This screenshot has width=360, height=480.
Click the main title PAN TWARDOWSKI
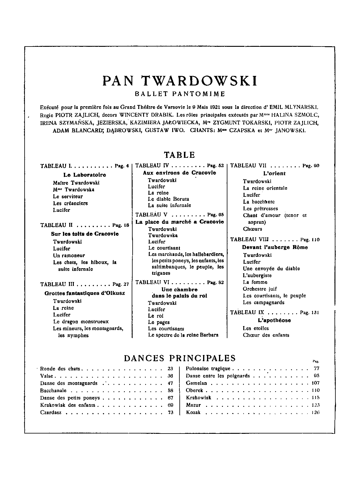[180, 81]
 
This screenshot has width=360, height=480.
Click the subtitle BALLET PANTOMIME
[180, 94]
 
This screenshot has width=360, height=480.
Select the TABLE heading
[179, 155]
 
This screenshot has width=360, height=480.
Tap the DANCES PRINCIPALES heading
[180, 358]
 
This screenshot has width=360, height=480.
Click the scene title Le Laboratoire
[85, 175]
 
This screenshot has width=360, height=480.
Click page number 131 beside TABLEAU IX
[315, 313]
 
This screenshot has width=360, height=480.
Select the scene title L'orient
[274, 173]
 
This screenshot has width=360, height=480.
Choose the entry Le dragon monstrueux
[81, 322]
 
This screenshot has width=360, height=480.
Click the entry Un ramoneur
[69, 256]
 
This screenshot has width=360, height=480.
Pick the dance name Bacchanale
[53, 391]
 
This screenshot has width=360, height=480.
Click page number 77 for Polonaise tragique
[316, 369]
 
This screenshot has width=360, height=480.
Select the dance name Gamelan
[196, 383]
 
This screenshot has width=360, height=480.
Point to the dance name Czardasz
[51, 412]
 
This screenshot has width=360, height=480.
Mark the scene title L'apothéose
[274, 320]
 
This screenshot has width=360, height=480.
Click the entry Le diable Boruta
[168, 199]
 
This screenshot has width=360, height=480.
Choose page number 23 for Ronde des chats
[170, 369]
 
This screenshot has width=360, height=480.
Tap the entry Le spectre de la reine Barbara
[183, 335]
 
